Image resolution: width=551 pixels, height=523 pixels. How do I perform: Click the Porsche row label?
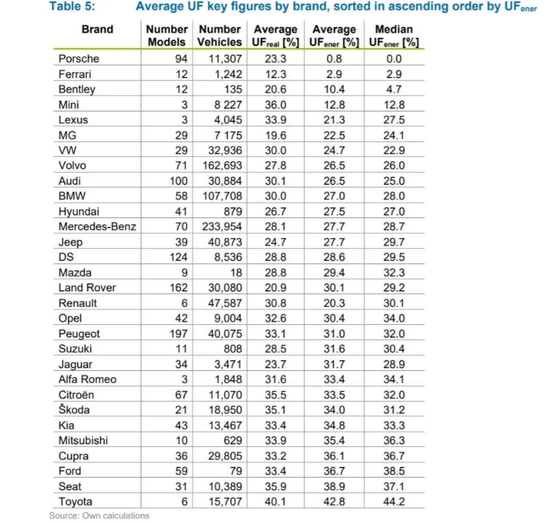(79, 59)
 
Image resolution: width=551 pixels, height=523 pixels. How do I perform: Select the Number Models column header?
(167, 35)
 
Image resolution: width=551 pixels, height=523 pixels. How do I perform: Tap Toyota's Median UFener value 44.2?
(394, 501)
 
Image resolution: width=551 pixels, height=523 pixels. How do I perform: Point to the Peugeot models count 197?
(178, 334)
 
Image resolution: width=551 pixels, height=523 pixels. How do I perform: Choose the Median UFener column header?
(394, 35)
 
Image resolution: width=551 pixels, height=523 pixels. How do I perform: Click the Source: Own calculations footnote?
(99, 516)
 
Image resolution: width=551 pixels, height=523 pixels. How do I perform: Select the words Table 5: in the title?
(72, 6)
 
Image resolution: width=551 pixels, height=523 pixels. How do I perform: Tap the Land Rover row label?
(87, 288)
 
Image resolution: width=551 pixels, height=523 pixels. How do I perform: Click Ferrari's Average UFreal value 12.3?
(275, 74)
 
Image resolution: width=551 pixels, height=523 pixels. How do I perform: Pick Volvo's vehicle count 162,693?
(222, 166)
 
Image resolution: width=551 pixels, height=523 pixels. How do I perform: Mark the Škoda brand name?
(74, 410)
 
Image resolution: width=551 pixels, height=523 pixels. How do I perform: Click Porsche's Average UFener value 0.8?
(334, 59)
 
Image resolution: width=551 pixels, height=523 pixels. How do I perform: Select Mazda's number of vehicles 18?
(236, 272)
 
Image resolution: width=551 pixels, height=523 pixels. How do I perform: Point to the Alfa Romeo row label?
(87, 379)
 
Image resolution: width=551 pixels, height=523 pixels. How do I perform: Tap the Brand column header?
(97, 29)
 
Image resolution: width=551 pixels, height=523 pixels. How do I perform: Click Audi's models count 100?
(178, 181)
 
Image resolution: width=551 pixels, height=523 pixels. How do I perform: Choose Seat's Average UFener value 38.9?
(334, 486)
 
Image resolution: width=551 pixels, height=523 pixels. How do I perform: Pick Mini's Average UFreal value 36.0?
(275, 105)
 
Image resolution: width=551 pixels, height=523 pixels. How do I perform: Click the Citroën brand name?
(76, 395)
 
